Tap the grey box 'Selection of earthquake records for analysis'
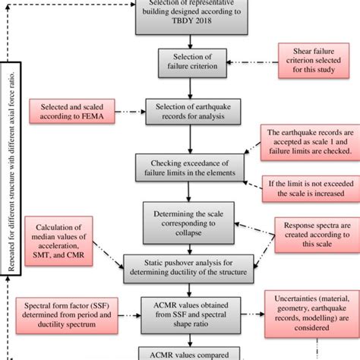[x=192, y=113]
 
